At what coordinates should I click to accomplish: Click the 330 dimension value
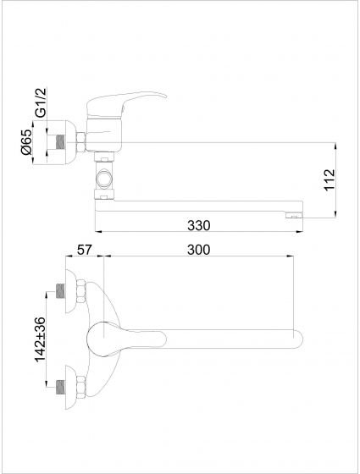coord(198,225)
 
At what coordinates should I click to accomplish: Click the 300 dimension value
coord(198,250)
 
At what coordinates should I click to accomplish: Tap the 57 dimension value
coord(84,250)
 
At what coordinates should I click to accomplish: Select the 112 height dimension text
coord(330,179)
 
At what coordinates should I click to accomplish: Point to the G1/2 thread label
coord(41,102)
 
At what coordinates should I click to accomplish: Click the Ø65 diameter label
coord(26,142)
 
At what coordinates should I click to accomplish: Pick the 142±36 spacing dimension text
coord(40,339)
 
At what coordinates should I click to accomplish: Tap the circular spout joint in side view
coord(104,179)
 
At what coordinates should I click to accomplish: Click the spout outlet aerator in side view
coord(294,215)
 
